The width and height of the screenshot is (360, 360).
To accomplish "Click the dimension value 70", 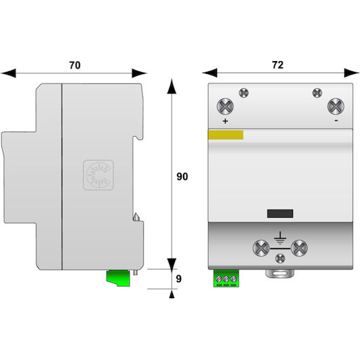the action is [75, 65].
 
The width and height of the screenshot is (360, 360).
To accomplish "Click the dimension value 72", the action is [278, 65].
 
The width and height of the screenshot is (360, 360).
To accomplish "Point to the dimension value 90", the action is [182, 176].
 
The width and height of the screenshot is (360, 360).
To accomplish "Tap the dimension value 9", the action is [178, 279].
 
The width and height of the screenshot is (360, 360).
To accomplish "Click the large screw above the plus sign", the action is [225, 106].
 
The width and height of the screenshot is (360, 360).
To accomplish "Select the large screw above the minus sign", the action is [336, 106].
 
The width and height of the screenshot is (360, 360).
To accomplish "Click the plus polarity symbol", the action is [225, 121].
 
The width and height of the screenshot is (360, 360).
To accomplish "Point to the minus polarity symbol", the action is [336, 121].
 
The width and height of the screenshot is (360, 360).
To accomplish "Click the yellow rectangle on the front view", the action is [226, 135].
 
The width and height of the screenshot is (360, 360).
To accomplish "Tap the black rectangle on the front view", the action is [280, 214].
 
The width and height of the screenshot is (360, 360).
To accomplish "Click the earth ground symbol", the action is [280, 239].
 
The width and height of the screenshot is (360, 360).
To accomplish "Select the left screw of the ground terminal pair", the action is [261, 248].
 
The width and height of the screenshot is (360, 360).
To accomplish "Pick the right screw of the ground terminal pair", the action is [299, 248].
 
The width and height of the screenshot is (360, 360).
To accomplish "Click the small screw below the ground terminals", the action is [280, 259].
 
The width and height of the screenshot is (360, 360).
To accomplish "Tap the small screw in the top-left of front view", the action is [243, 93].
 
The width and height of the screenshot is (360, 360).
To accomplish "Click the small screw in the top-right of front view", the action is [317, 93].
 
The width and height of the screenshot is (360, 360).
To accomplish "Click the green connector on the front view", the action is [226, 279].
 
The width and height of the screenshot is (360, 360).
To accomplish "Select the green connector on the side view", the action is [118, 278].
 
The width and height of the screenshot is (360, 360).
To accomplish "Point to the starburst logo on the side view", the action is [98, 175].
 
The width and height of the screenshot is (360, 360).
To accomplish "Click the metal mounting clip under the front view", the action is [280, 273].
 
